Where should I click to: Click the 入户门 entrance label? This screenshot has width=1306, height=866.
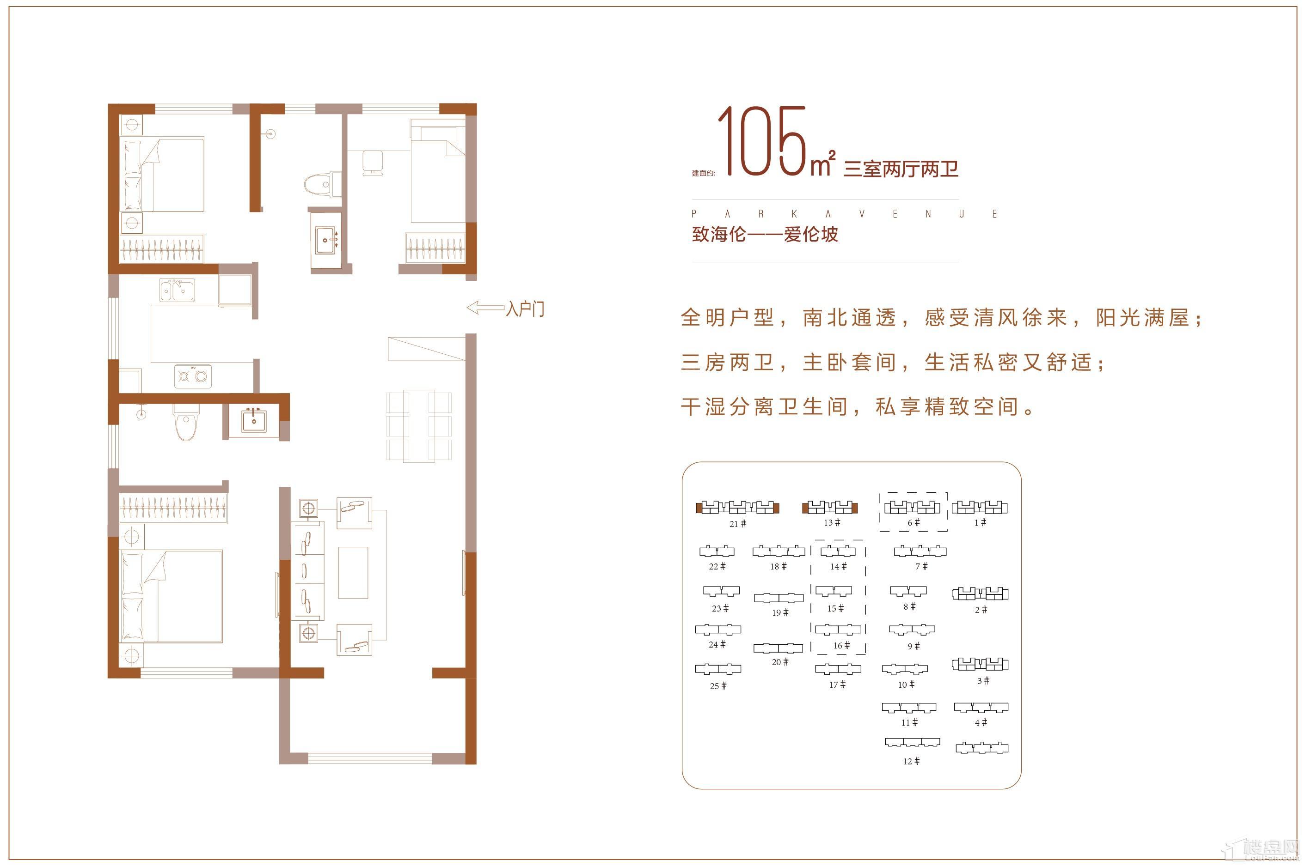525,308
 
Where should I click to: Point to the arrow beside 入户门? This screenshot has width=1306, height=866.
484,308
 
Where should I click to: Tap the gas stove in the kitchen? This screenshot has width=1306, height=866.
193,376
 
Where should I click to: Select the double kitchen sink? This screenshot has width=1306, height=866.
177,290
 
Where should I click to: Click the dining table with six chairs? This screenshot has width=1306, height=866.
419,426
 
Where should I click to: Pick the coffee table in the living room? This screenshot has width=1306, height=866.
353,573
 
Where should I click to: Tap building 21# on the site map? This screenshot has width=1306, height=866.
737,508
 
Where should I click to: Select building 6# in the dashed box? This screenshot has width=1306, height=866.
913,507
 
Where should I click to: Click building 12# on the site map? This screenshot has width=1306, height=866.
912,742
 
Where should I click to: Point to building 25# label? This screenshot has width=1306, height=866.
718,686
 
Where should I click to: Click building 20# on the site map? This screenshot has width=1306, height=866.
778,648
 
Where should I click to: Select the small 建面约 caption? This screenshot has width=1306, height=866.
703,173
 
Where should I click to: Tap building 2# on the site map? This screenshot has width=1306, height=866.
980,593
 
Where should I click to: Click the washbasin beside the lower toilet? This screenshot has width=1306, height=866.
254,421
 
